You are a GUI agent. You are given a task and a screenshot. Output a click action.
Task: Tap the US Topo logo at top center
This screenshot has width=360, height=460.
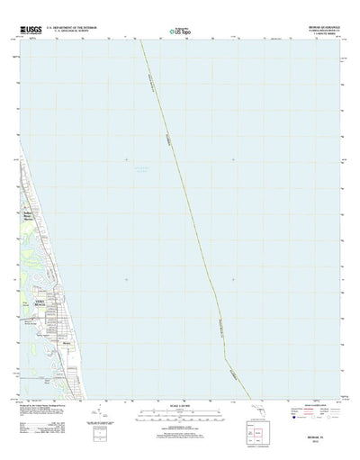click(x=180, y=34)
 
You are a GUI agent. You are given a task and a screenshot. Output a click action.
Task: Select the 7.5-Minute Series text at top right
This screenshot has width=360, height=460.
click(x=316, y=37)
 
